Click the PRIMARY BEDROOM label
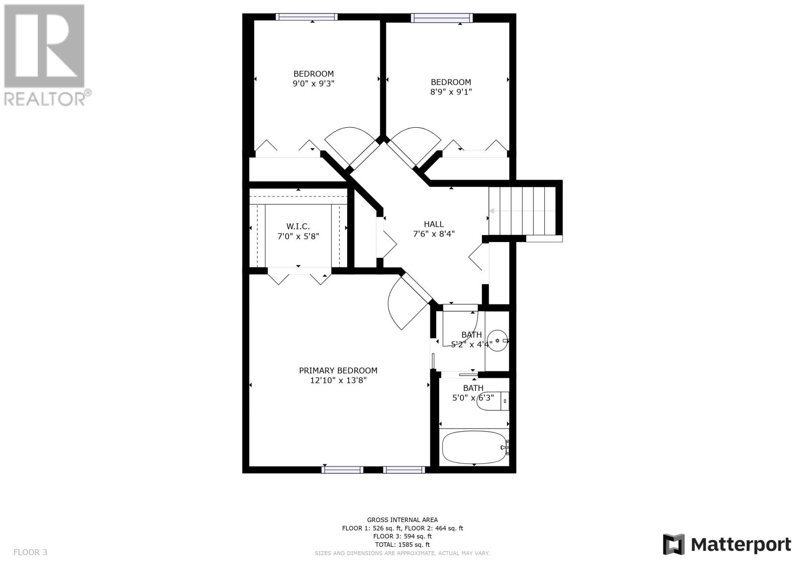[338, 370]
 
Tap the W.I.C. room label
[298, 226]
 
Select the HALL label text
[434, 224]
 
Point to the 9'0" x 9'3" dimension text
[313, 84]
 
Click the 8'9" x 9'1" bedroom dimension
[451, 92]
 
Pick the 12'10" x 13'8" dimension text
[338, 380]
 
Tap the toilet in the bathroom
[493, 401]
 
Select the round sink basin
[498, 341]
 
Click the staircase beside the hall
[522, 211]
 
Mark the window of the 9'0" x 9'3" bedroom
[306, 17]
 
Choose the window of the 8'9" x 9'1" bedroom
[442, 18]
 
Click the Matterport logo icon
[674, 544]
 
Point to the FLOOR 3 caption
[30, 552]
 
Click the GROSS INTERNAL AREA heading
[402, 520]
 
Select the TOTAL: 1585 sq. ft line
[402, 544]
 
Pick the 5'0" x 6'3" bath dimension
[473, 398]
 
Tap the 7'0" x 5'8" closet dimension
[298, 236]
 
